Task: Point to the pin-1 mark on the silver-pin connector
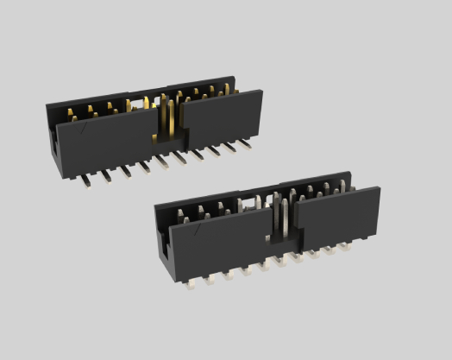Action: [198, 231]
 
